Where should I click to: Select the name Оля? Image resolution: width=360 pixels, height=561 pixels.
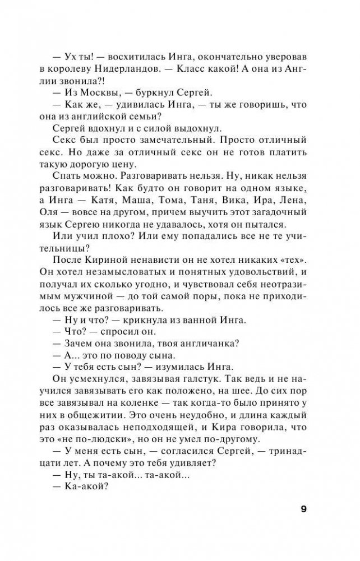(x=63, y=230)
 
